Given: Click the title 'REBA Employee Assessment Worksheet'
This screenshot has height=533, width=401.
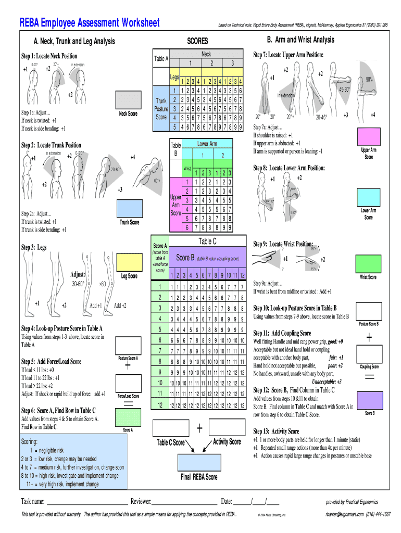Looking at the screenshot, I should tap(90, 23).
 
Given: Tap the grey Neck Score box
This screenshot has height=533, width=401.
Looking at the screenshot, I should tap(128, 100).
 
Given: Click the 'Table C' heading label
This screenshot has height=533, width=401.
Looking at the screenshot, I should tap(208, 241).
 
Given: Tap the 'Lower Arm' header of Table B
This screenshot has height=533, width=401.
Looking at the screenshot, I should tap(207, 144).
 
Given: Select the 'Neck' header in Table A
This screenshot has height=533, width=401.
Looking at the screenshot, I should tap(206, 54).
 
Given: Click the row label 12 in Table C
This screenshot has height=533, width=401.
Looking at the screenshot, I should tap(160, 405).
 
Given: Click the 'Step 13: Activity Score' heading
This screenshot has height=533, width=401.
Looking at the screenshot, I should tap(276, 432).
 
